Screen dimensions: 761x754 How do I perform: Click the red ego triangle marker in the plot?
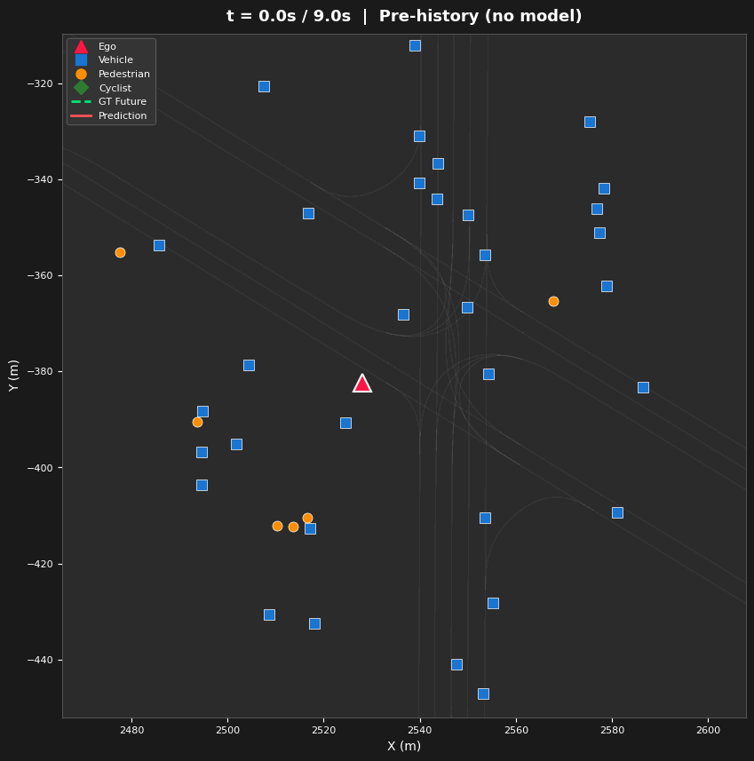click(361, 384)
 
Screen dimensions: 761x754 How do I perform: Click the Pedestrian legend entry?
click(123, 75)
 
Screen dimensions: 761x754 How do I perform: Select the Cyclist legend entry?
click(115, 88)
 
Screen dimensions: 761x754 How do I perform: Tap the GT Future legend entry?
click(122, 102)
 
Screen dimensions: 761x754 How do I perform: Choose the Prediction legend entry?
click(122, 116)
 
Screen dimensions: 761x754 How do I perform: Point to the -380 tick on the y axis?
click(41, 372)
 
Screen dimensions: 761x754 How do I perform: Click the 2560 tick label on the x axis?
click(516, 730)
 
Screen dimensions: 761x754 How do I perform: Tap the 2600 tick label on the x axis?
click(708, 730)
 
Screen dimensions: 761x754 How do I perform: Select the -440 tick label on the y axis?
click(41, 660)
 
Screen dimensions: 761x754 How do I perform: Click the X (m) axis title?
click(404, 747)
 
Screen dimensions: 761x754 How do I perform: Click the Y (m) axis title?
click(14, 376)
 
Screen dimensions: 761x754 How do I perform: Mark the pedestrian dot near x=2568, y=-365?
click(553, 301)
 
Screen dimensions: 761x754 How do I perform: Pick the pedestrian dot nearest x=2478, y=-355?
click(120, 252)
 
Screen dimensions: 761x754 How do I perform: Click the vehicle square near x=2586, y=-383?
click(643, 387)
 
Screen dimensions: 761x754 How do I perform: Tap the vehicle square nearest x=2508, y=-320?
click(264, 86)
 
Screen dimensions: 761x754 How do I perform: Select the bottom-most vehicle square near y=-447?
click(483, 694)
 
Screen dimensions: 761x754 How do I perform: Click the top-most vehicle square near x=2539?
click(415, 45)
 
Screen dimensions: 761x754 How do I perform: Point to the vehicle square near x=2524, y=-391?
click(345, 423)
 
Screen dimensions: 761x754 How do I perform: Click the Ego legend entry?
click(107, 47)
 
